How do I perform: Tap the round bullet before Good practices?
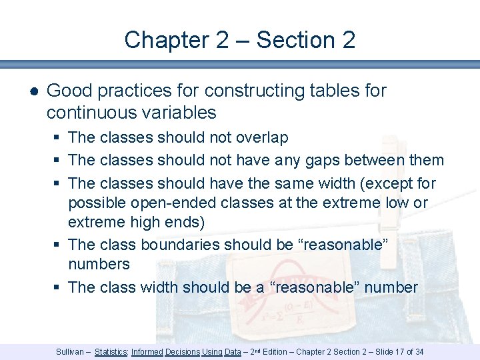click(33, 91)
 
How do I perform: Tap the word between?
click(367, 160)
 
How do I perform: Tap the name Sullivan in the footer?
click(70, 351)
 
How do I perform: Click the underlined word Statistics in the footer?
click(111, 351)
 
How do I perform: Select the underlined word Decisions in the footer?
click(183, 351)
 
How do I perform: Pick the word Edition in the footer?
click(275, 351)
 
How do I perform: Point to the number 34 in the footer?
click(418, 351)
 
